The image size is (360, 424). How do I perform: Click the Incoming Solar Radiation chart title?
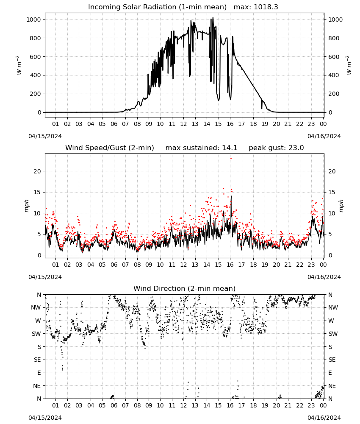[157, 7]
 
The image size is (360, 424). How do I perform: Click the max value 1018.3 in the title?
[266, 7]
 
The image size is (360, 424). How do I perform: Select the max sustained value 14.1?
[230, 148]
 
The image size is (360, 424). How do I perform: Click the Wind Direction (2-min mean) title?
[185, 288]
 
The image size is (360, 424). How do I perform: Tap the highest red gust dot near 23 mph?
[231, 159]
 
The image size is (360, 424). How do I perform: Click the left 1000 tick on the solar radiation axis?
[33, 20]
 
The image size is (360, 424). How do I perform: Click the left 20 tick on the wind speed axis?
[37, 171]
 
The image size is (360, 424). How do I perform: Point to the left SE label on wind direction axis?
[37, 360]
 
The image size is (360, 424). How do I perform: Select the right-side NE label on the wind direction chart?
[332, 386]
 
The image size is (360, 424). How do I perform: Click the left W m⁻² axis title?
[19, 65]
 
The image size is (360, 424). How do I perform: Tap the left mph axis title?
[26, 206]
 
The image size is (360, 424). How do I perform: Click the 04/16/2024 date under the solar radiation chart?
[324, 136]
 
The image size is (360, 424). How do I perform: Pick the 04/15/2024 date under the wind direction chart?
[45, 418]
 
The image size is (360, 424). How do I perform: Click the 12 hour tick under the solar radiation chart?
[184, 124]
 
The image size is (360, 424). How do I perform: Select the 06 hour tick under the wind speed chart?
[114, 265]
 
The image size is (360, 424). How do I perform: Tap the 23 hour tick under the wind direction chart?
[311, 406]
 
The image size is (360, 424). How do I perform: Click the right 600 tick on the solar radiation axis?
[334, 57]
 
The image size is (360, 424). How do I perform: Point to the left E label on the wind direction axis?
[39, 373]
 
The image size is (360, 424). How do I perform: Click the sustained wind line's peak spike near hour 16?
[231, 196]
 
